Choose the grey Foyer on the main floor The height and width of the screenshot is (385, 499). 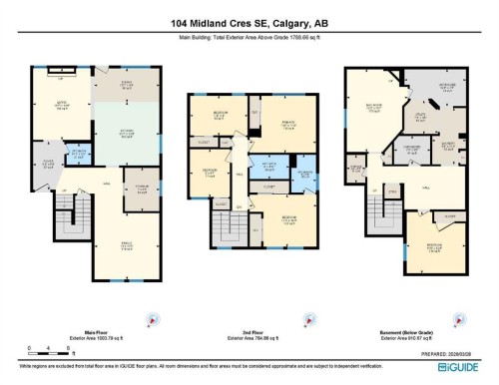(x=46, y=166)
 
